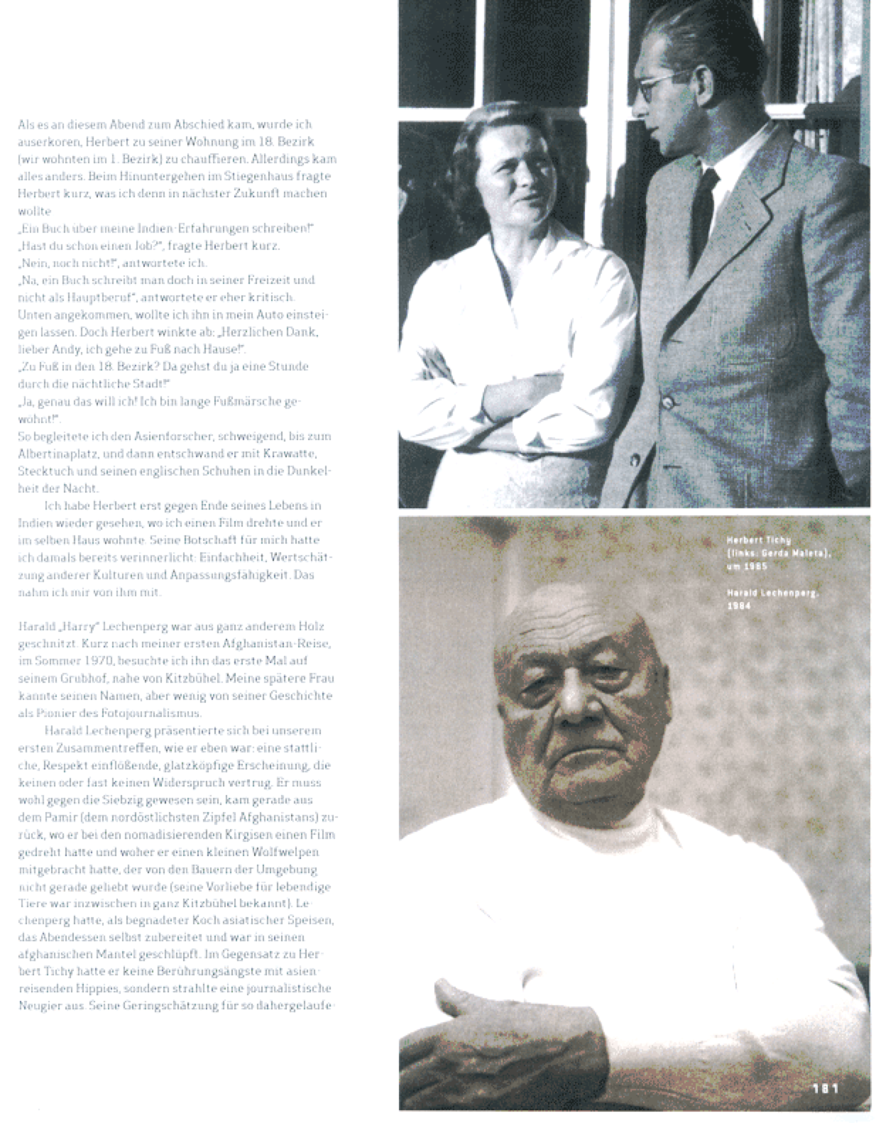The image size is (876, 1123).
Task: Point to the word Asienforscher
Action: tap(184, 436)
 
